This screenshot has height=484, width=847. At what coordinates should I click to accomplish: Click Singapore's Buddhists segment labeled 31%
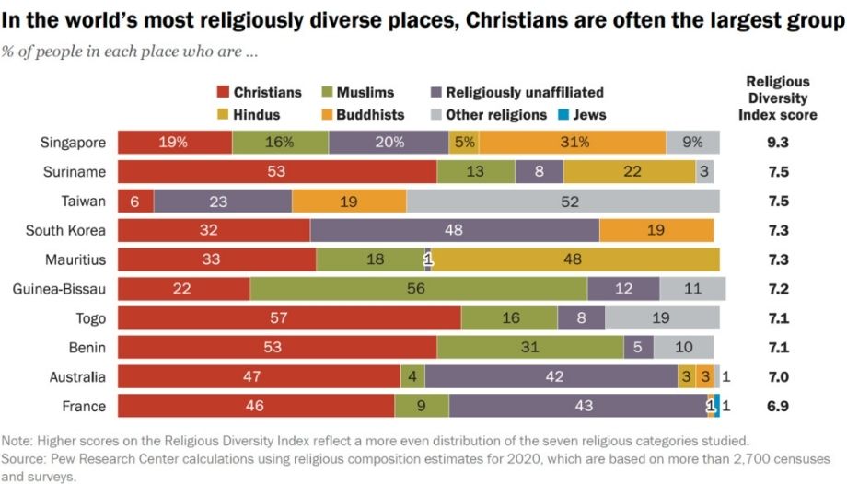click(x=573, y=143)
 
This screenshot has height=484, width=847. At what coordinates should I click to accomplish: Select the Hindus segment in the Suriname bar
click(x=629, y=172)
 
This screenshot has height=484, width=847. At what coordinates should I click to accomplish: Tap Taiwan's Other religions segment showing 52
click(x=563, y=202)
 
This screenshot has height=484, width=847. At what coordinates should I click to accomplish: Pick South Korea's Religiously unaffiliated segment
click(x=454, y=231)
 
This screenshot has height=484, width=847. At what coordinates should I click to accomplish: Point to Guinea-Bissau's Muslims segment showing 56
click(x=418, y=289)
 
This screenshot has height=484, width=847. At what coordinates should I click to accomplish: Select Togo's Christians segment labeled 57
click(x=289, y=318)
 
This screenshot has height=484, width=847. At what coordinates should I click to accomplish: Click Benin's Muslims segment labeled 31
click(x=529, y=348)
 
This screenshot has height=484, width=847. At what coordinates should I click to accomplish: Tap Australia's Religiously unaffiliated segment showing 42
click(x=551, y=377)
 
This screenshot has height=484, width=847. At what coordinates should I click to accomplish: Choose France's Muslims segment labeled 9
click(x=422, y=407)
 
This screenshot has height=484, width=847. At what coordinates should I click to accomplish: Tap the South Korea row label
click(x=65, y=231)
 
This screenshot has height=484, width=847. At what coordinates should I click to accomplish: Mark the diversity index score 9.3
click(x=776, y=143)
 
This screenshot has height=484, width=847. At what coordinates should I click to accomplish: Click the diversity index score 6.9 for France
click(x=776, y=407)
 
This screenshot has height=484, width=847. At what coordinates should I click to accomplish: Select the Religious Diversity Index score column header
click(x=777, y=98)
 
